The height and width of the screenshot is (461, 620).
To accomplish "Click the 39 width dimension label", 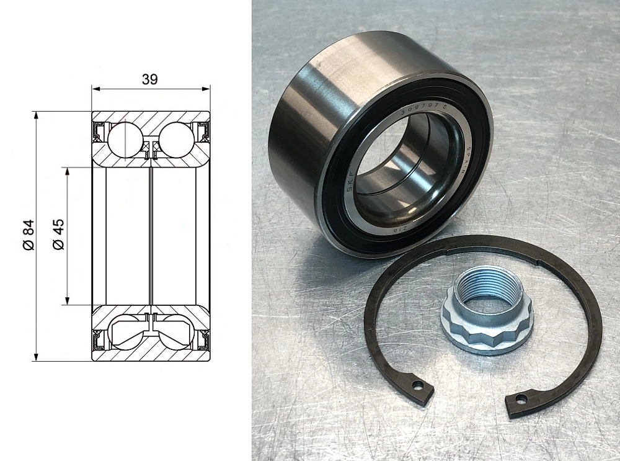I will coord(150,79).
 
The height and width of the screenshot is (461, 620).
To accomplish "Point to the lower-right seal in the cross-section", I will coord(202,341).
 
